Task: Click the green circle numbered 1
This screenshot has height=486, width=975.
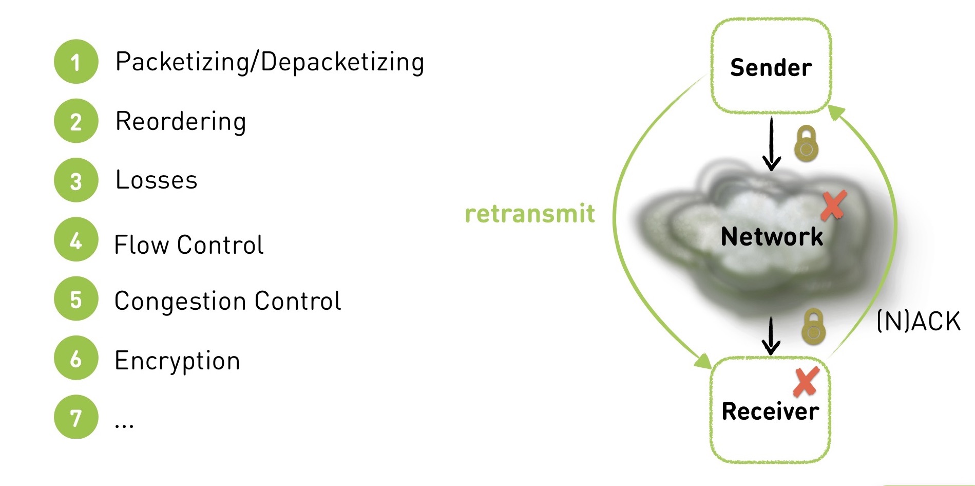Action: (75, 62)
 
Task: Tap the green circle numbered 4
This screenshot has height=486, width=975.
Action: (75, 239)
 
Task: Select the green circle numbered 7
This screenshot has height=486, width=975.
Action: (75, 417)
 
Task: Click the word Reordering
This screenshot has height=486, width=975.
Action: (181, 122)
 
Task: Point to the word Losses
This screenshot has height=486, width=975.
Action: (157, 180)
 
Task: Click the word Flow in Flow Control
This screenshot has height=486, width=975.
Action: (141, 245)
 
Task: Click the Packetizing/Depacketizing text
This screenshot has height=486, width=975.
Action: (270, 63)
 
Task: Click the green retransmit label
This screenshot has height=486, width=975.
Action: (530, 214)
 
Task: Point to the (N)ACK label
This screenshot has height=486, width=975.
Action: (918, 322)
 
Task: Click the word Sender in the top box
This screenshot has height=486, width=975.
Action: (771, 68)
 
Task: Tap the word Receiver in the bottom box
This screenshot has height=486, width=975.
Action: (770, 412)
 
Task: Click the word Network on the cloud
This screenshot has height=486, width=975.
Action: (772, 237)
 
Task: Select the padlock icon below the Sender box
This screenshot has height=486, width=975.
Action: (806, 144)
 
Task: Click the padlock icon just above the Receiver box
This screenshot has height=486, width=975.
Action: (813, 327)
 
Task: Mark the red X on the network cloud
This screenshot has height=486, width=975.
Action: (833, 205)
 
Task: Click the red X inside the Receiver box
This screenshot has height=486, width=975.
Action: (806, 382)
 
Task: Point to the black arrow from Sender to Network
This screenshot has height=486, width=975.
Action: (771, 144)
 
